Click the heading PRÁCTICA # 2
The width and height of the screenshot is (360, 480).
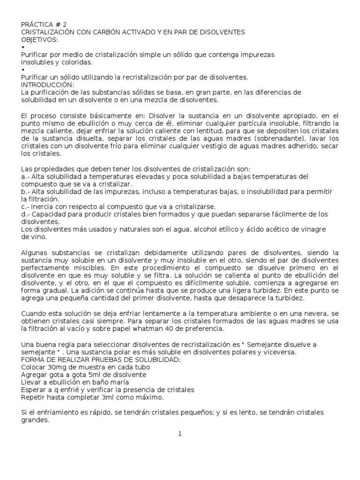[x=47, y=25]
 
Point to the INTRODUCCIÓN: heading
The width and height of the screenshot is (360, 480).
[x=48, y=84]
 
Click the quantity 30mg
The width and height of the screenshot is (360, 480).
[x=58, y=367]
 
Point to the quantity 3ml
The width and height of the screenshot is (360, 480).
[x=100, y=397]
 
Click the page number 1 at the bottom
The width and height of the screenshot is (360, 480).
[x=180, y=434]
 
